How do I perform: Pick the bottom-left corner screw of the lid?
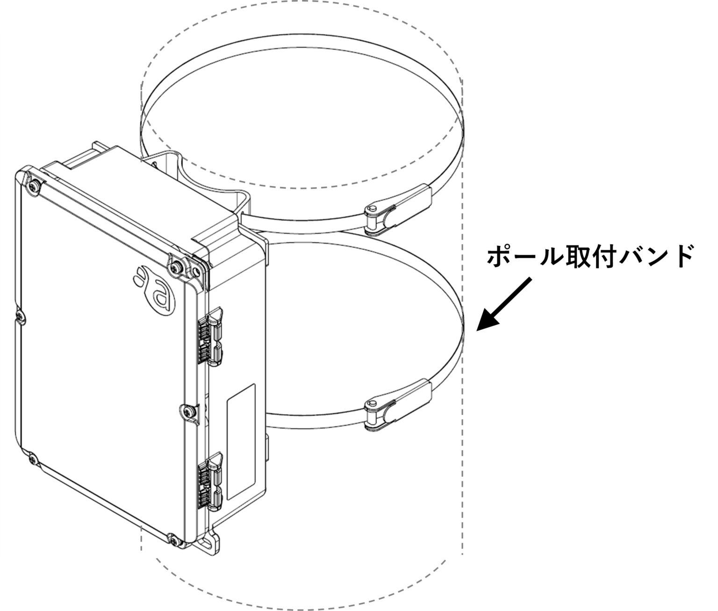click(x=31, y=460)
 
